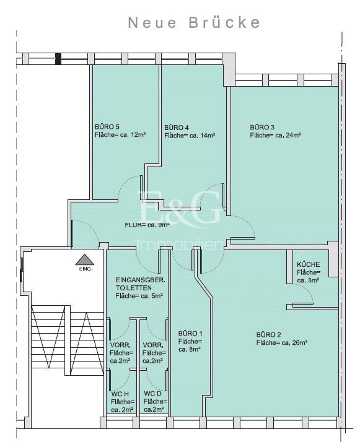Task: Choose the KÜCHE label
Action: coord(309,264)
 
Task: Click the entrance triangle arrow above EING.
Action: coord(85,259)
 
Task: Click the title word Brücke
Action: coord(224,22)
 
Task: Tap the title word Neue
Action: coord(152,22)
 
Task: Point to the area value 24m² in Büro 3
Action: coord(292,135)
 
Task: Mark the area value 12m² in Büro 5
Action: coord(138,134)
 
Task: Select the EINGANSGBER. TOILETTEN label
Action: coord(140,284)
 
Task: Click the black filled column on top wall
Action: coord(58,59)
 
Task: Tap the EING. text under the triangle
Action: coord(86,269)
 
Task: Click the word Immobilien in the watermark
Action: coord(180,245)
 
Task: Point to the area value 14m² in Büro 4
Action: coord(208,136)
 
